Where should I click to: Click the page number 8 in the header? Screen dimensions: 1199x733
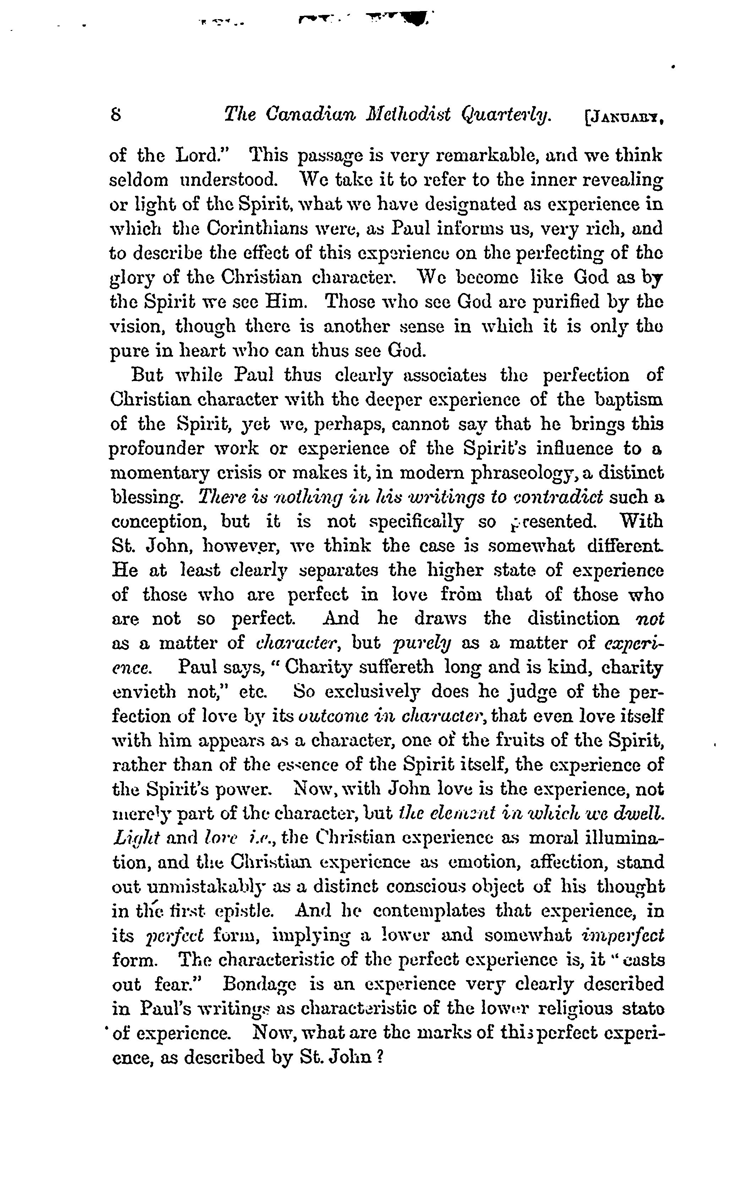(116, 115)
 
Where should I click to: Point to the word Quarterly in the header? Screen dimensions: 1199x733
(506, 115)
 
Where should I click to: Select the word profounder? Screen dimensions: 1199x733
(156, 449)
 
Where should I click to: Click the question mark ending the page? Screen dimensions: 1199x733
(381, 1057)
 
